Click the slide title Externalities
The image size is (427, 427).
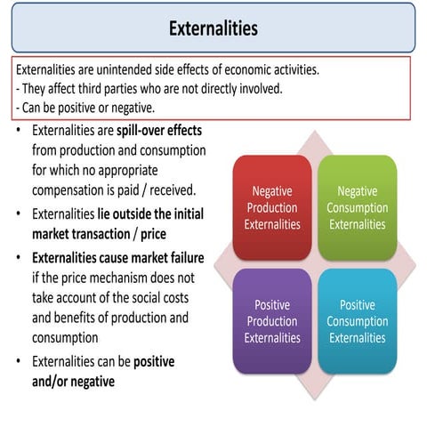213,28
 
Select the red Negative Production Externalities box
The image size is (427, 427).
272,207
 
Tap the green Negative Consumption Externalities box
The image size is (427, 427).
357,207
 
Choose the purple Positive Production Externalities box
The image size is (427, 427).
272,320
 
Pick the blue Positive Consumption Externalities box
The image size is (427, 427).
357,320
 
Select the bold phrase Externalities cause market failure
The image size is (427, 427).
117,258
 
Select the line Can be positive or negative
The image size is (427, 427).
87,108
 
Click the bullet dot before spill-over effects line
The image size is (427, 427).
20,132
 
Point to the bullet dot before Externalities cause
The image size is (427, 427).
20,258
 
